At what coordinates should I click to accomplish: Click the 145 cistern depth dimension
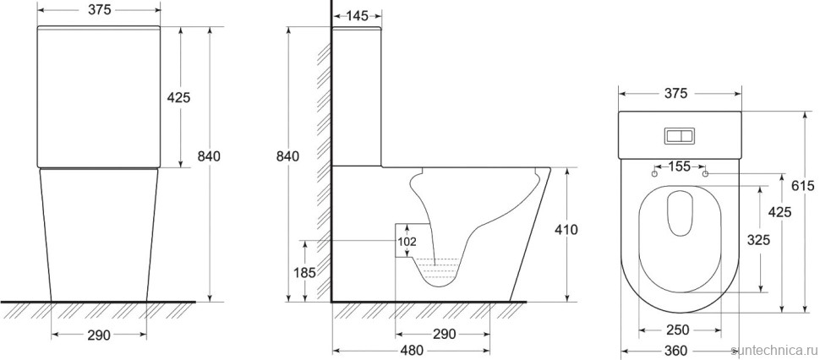click(358, 16)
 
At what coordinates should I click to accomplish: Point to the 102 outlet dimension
click(407, 242)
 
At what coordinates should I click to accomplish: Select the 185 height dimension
click(305, 272)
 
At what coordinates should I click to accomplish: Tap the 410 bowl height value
click(567, 229)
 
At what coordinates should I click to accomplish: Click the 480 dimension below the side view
click(411, 351)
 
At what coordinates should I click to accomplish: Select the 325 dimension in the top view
click(758, 240)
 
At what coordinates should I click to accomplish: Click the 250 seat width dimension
click(678, 330)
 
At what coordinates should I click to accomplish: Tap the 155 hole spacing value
click(680, 166)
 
